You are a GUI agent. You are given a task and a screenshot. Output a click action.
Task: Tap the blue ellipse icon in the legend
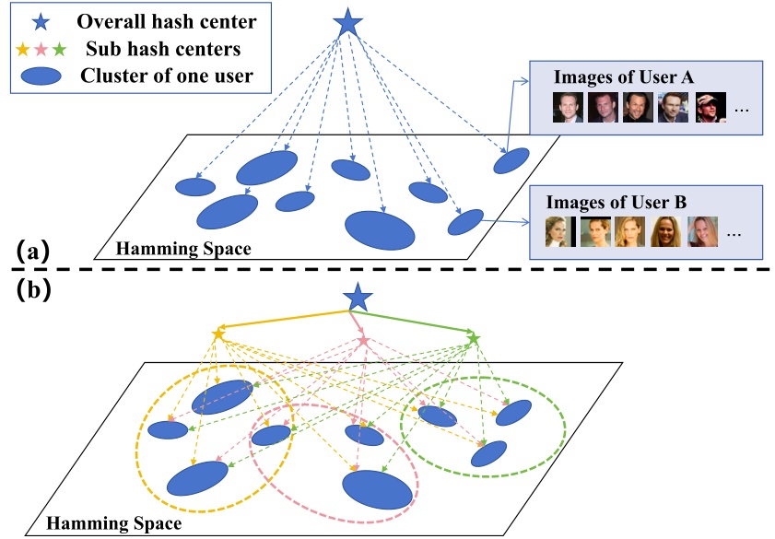pos(41,76)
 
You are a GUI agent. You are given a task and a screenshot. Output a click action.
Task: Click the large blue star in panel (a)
pos(347,23)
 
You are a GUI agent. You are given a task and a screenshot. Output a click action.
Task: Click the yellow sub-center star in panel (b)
pos(219,334)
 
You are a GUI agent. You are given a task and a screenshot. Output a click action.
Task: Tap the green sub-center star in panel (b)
pos(474,340)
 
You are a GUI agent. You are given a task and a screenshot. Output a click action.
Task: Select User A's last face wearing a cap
pos(710,107)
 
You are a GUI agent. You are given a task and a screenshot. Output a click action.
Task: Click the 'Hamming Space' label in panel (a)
pos(182,247)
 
